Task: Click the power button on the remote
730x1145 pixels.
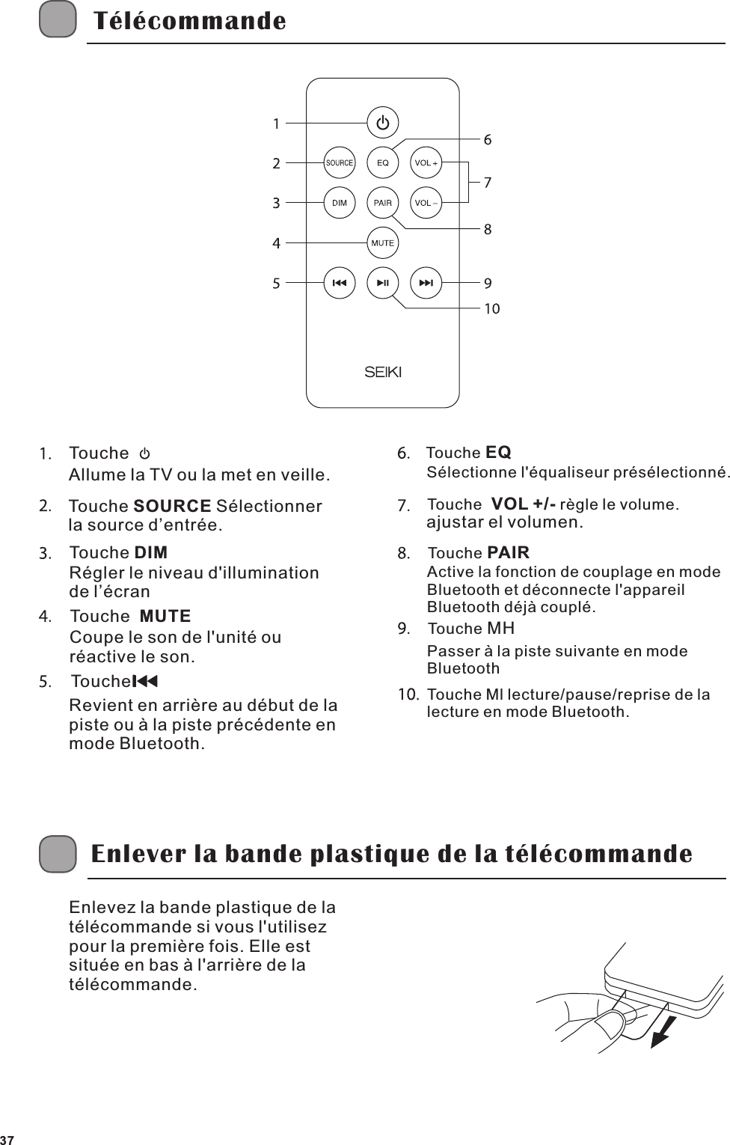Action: [383, 123]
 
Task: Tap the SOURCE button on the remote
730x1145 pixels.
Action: [340, 162]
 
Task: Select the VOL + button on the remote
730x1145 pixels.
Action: [426, 162]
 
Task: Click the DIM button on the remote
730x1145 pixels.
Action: [340, 203]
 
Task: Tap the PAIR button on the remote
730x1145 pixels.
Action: [383, 203]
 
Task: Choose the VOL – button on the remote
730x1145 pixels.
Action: [426, 203]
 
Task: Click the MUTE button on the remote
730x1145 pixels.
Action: [383, 243]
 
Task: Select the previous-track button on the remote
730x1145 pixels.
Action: [340, 284]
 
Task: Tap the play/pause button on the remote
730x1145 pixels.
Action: [383, 284]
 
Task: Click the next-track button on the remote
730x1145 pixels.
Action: [426, 284]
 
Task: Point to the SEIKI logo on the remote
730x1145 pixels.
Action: [383, 372]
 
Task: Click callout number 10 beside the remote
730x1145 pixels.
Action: [491, 308]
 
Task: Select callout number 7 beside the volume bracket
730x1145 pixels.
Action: [488, 182]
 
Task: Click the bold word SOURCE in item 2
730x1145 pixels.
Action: [172, 507]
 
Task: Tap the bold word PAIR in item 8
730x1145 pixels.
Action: [508, 553]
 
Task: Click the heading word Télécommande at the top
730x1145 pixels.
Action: [188, 21]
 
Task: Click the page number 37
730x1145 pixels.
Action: [8, 1139]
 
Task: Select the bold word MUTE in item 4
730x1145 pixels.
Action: [165, 617]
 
